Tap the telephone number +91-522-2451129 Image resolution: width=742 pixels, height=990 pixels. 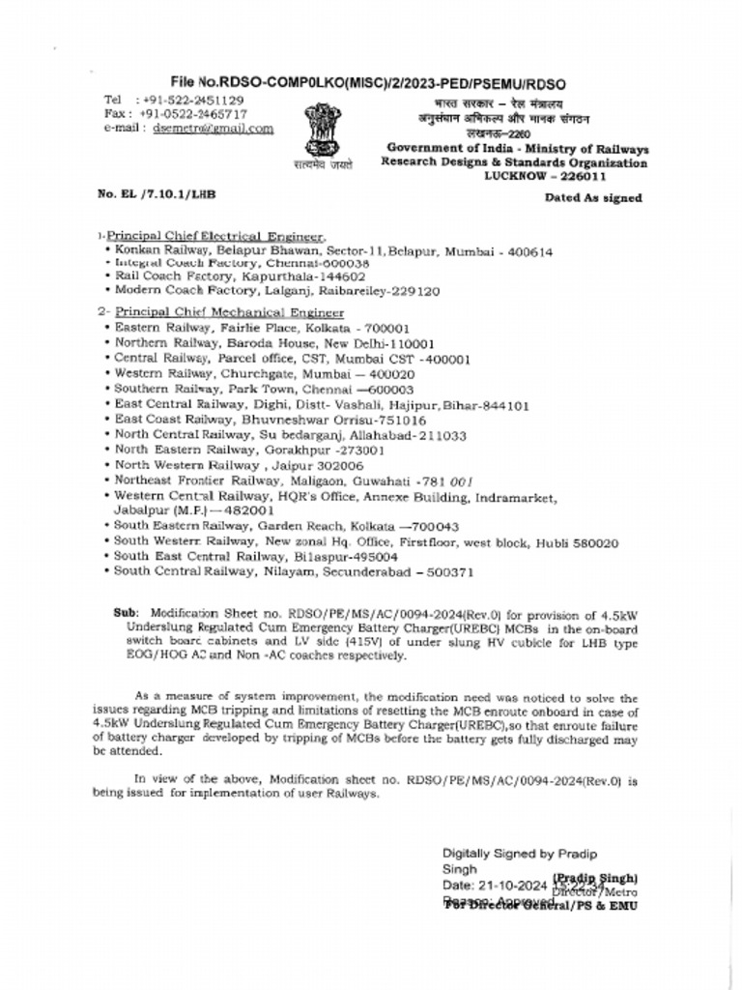point(192,100)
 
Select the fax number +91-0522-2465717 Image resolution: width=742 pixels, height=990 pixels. point(193,113)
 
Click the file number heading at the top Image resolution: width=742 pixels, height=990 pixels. point(368,83)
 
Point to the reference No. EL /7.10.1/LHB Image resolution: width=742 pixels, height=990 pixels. point(157,194)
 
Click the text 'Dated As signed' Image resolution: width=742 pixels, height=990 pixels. point(593,197)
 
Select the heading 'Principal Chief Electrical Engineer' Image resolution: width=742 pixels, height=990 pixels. point(216,236)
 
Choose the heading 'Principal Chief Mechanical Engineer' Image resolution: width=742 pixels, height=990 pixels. point(230,312)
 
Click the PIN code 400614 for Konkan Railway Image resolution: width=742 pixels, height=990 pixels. point(527,250)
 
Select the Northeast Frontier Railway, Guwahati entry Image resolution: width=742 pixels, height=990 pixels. point(294,480)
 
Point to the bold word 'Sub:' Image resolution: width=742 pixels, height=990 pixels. point(127,613)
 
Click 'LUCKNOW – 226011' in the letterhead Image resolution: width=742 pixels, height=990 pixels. point(545,176)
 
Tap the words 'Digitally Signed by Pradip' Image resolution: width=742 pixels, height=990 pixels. point(520,854)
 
